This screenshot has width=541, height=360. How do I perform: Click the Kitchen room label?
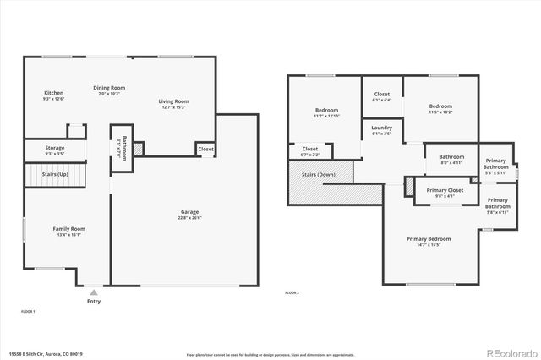tap(53, 93)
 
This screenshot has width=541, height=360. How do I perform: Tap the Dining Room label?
tap(109, 87)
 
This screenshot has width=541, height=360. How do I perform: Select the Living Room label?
tap(173, 101)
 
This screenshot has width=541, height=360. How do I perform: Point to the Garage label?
tap(189, 211)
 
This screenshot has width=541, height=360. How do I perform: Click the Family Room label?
tap(68, 228)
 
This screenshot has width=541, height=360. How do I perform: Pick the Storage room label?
tap(54, 148)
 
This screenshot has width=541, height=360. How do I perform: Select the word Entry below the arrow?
tap(93, 301)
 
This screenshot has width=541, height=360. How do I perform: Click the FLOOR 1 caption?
tap(28, 312)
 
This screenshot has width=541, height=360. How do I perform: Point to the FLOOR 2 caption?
tap(292, 292)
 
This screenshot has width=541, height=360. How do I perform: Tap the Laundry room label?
tap(381, 128)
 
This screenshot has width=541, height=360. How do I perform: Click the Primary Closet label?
tap(445, 190)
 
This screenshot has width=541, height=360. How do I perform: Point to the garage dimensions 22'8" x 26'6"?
tap(189, 217)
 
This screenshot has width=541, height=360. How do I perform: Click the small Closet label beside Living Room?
tap(205, 149)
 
